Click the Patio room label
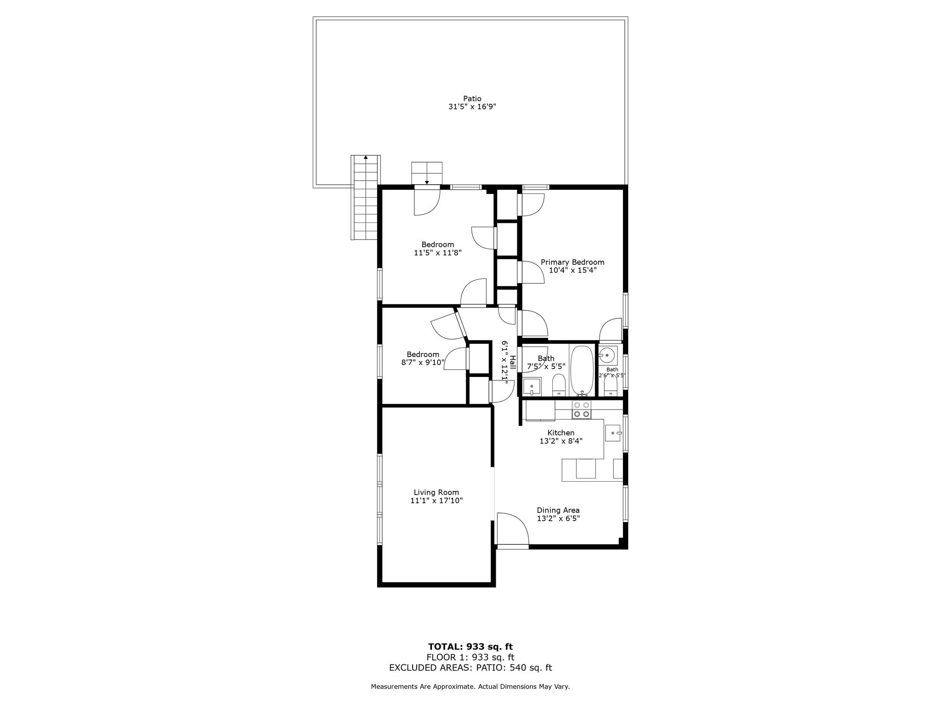(x=472, y=98)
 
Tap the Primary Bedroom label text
(x=572, y=262)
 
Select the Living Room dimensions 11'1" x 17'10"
(x=436, y=501)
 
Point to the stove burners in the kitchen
(x=581, y=410)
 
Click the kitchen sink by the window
(x=613, y=433)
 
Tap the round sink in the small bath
(x=607, y=355)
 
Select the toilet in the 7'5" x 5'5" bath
(x=559, y=385)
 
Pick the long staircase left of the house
(x=366, y=198)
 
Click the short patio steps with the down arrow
(x=426, y=173)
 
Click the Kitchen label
(x=561, y=433)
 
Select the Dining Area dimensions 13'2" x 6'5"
(x=558, y=518)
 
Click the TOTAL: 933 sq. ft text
(x=470, y=647)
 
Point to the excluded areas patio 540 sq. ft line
(x=470, y=668)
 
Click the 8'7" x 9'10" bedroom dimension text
(x=423, y=362)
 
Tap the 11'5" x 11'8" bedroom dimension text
(x=437, y=252)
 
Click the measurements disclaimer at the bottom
(x=470, y=687)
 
